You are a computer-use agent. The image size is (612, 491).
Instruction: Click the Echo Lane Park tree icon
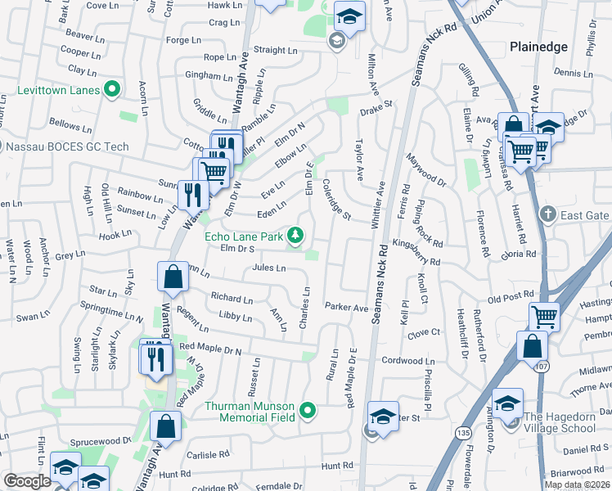coord(295,237)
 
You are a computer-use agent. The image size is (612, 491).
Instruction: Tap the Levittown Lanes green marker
coord(112,89)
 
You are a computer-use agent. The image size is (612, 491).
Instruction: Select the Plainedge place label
coord(538,47)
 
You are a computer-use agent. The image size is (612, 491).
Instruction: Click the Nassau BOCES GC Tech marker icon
coord(0,146)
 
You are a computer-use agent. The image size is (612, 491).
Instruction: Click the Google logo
coord(27,481)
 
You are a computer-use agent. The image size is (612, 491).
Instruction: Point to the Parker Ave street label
coord(347,308)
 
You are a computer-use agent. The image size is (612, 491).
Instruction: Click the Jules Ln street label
coord(269,268)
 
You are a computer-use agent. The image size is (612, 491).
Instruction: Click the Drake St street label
coord(376,106)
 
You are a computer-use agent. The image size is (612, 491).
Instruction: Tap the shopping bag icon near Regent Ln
coord(173,277)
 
